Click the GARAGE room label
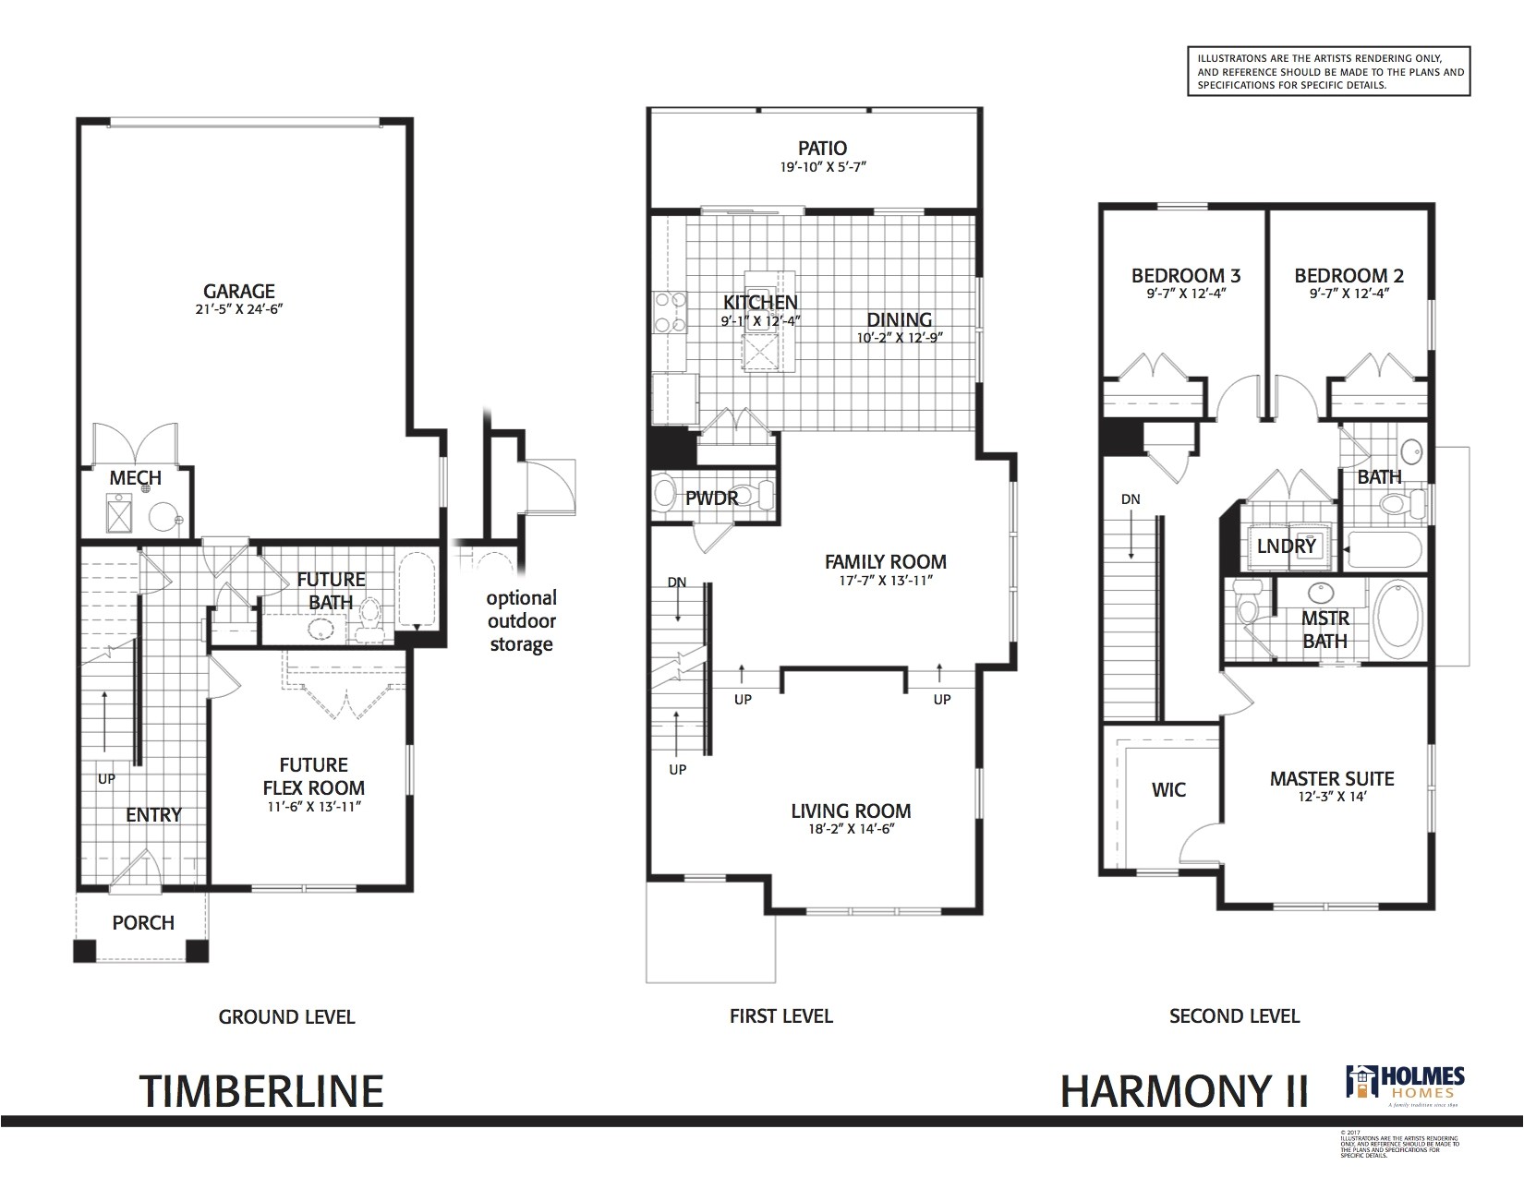coord(239,292)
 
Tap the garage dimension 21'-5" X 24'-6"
coord(239,311)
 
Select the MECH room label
coord(135,477)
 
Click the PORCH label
coord(143,922)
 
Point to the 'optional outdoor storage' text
coord(521,620)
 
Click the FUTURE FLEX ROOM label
coord(314,776)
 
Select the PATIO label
coord(822,148)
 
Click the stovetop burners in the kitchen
coord(669,311)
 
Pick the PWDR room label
coord(712,498)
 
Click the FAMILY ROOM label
coord(885,561)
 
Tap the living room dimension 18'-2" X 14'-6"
coord(851,830)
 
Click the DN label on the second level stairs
coord(1131,499)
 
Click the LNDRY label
coord(1286,546)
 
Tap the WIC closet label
coord(1168,789)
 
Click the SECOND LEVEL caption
coord(1234,1016)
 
